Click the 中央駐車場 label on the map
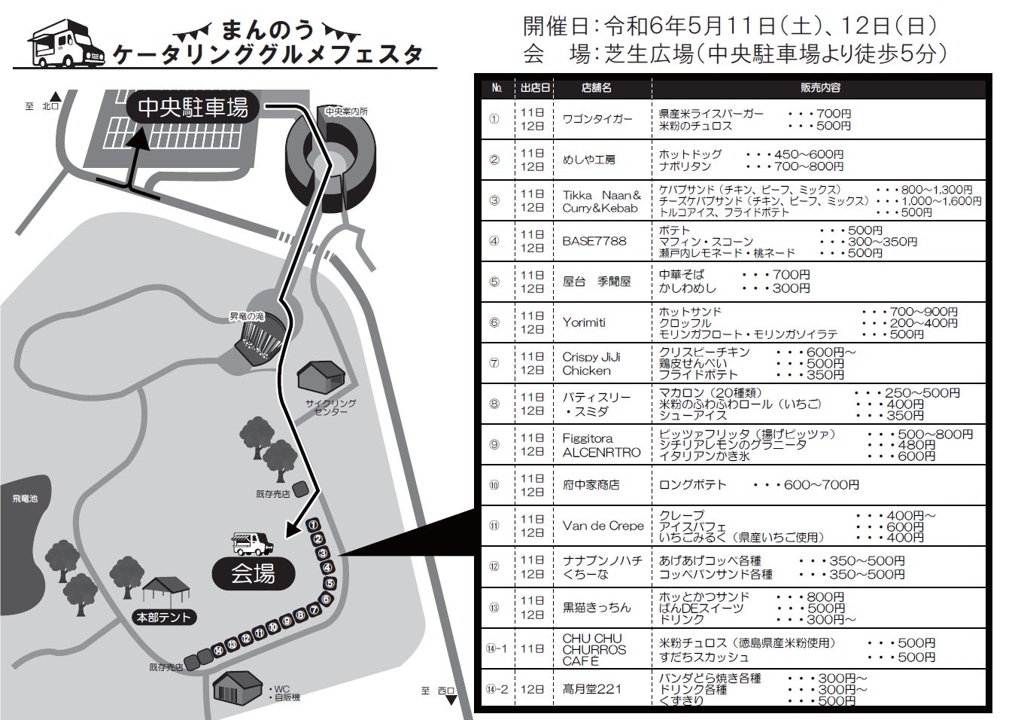[193, 108]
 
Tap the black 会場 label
[253, 574]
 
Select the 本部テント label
[164, 618]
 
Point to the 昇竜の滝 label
[247, 317]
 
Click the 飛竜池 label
[24, 499]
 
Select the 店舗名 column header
[596, 88]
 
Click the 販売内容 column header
[820, 88]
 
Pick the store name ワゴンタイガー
[597, 119]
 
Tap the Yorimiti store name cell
[584, 322]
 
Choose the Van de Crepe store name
[603, 526]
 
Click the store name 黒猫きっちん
[597, 607]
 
